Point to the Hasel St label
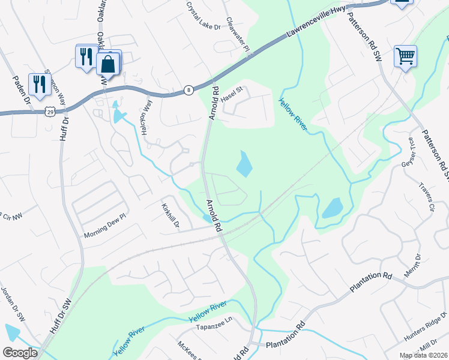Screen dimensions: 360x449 click(231, 95)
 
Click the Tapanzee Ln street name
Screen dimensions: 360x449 click(212, 328)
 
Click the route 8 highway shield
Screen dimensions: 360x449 click(188, 90)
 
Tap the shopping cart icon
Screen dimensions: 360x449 click(406, 56)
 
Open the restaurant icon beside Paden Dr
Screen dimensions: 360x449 click(40, 84)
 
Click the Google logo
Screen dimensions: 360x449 click(20, 352)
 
